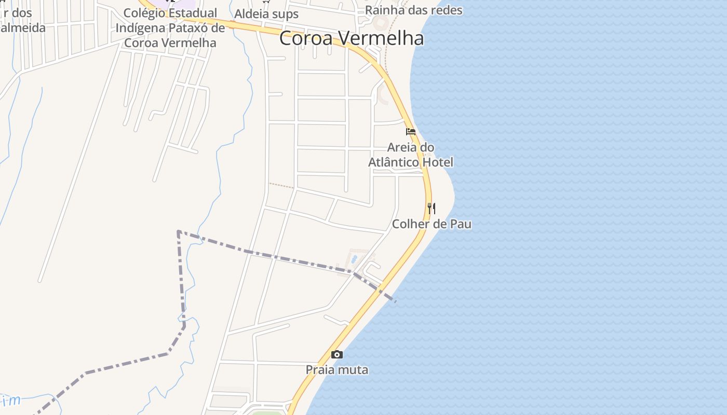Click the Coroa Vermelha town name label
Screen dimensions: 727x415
point(351,38)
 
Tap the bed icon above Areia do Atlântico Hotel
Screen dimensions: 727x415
point(411,132)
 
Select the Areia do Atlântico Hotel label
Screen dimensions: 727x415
point(411,155)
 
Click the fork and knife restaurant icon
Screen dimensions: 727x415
point(432,209)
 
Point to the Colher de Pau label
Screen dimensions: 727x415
point(432,224)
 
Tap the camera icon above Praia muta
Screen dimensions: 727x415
point(337,355)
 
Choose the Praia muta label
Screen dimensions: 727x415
point(337,370)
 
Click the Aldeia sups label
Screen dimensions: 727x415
point(266,13)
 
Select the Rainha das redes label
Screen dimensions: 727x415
point(413,10)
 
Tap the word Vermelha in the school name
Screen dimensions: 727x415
point(193,43)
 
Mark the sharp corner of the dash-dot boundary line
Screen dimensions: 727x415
point(178,231)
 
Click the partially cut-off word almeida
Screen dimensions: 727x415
point(23,27)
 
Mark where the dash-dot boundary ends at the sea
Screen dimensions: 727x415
point(396,301)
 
